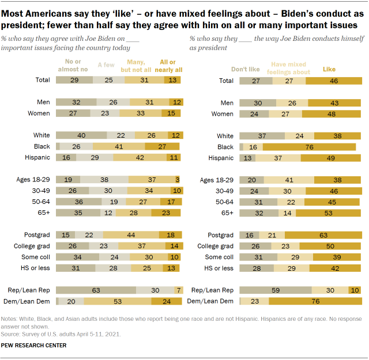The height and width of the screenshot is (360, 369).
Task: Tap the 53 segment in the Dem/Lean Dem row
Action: tap(117, 301)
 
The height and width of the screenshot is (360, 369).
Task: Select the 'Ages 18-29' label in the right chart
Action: tap(216, 179)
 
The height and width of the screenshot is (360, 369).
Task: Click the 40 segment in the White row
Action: tap(82, 135)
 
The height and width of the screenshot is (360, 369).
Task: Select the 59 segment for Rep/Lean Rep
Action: tap(276, 290)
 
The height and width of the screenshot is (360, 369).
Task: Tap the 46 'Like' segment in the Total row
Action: tap(334, 80)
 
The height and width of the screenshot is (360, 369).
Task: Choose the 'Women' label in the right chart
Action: tap(222, 113)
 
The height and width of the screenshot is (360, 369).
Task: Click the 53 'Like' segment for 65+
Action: tap(330, 213)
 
